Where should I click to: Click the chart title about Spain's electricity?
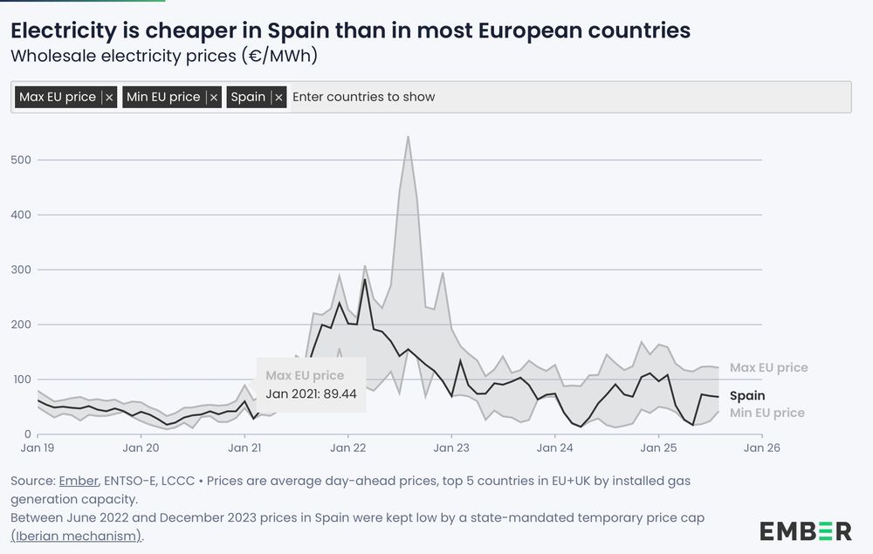pyautogui.click(x=350, y=31)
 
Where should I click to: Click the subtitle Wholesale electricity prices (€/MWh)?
pyautogui.click(x=163, y=57)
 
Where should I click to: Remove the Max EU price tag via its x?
pyautogui.click(x=109, y=98)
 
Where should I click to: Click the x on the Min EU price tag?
pyautogui.click(x=213, y=98)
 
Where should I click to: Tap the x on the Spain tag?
pyautogui.click(x=278, y=98)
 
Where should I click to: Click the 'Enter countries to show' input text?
pyautogui.click(x=363, y=97)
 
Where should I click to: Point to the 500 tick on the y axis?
pyautogui.click(x=22, y=160)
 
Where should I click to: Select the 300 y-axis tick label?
pyautogui.click(x=22, y=270)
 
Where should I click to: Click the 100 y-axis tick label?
pyautogui.click(x=22, y=380)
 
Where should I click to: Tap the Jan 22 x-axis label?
pyautogui.click(x=347, y=448)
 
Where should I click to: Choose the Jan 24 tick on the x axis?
pyautogui.click(x=554, y=448)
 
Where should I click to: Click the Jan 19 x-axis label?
pyautogui.click(x=38, y=448)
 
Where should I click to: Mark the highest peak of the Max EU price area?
pyautogui.click(x=408, y=137)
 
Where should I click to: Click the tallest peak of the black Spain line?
pyautogui.click(x=364, y=281)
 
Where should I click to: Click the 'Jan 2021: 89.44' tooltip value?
pyautogui.click(x=311, y=393)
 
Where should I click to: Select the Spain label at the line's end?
pyautogui.click(x=747, y=396)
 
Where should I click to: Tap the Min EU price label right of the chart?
pyautogui.click(x=766, y=413)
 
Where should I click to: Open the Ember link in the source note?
pyautogui.click(x=76, y=482)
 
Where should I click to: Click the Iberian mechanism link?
pyautogui.click(x=75, y=536)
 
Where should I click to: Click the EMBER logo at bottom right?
pyautogui.click(x=805, y=530)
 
